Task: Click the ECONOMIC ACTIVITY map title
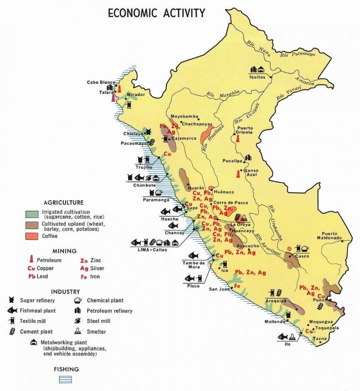click(156, 13)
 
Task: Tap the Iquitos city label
click(257, 77)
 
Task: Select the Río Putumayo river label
click(298, 54)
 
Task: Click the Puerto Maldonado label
click(329, 236)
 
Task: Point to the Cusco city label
click(302, 256)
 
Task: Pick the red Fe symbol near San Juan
click(237, 286)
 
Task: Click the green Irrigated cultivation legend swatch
click(31, 214)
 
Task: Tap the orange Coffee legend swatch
click(31, 236)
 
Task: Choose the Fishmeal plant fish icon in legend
click(12, 311)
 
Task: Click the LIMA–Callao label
click(152, 250)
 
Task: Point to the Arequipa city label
click(276, 301)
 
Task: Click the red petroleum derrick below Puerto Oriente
click(238, 138)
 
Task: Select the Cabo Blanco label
click(101, 82)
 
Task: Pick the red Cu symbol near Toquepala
click(309, 331)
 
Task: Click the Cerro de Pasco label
click(231, 203)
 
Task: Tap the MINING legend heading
click(64, 251)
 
